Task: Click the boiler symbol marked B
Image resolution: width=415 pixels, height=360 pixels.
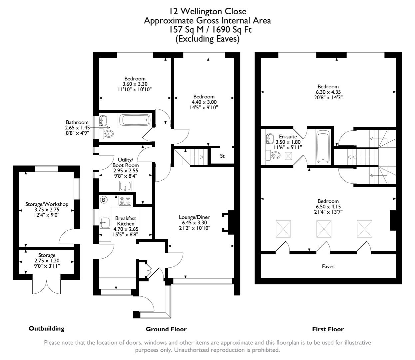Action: click(x=104, y=200)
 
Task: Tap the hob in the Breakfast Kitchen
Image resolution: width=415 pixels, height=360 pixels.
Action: click(x=125, y=201)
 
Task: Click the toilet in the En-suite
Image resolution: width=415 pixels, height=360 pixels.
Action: click(x=274, y=155)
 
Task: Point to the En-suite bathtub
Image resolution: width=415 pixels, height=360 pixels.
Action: click(x=323, y=147)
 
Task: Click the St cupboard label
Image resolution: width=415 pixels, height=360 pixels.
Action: click(x=222, y=156)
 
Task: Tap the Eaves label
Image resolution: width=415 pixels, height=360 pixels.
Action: click(x=328, y=266)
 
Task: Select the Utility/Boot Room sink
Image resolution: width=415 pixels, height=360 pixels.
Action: click(x=126, y=186)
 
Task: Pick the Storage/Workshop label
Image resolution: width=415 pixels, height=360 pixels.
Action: click(x=47, y=204)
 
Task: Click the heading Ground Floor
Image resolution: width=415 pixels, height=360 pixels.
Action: click(x=166, y=329)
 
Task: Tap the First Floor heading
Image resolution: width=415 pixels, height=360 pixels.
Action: click(x=328, y=329)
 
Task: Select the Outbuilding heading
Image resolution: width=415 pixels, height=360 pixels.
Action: click(x=46, y=328)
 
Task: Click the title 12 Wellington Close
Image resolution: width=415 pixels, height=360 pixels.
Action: click(x=207, y=11)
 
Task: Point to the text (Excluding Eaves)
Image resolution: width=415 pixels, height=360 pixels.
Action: click(x=207, y=39)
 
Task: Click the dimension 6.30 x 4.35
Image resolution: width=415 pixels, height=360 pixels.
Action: click(x=328, y=92)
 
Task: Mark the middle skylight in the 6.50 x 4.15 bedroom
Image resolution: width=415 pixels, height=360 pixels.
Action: click(x=323, y=229)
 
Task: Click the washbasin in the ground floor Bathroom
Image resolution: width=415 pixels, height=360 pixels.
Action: click(x=104, y=120)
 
